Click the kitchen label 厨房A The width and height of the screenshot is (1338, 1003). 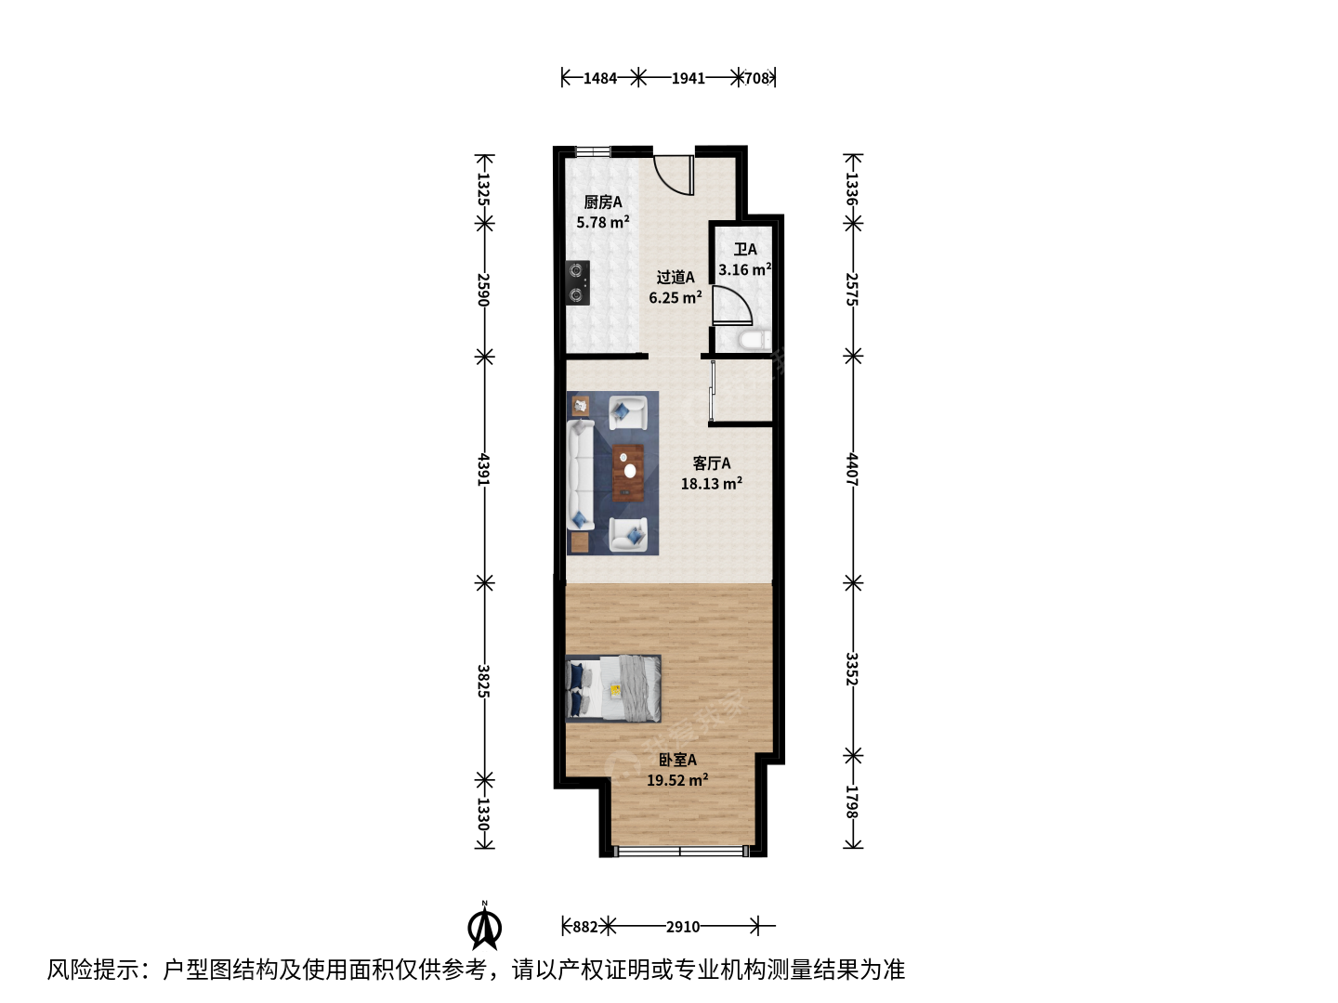tap(602, 202)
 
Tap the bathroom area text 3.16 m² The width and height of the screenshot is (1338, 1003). tap(745, 269)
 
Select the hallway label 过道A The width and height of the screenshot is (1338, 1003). tap(675, 277)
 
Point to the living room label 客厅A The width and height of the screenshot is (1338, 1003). tap(712, 463)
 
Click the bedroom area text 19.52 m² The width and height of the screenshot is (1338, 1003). tap(677, 780)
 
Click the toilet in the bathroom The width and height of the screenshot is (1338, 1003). tap(754, 340)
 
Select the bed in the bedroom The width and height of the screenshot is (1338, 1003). tap(613, 689)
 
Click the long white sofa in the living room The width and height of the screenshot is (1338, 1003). tap(581, 475)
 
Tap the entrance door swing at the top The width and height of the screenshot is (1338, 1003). tap(675, 176)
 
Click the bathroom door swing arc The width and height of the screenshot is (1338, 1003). tap(732, 306)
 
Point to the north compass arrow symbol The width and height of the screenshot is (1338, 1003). tap(485, 928)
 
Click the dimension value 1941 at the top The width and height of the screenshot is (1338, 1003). tap(689, 78)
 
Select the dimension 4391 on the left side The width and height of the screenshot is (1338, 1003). tap(483, 469)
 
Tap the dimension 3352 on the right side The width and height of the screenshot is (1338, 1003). tap(852, 669)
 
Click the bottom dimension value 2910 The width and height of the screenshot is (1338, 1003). tap(683, 927)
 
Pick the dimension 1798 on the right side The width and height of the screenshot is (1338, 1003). tap(852, 802)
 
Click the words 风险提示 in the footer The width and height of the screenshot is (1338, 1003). tap(93, 970)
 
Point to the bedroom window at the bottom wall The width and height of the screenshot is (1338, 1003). tap(681, 851)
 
